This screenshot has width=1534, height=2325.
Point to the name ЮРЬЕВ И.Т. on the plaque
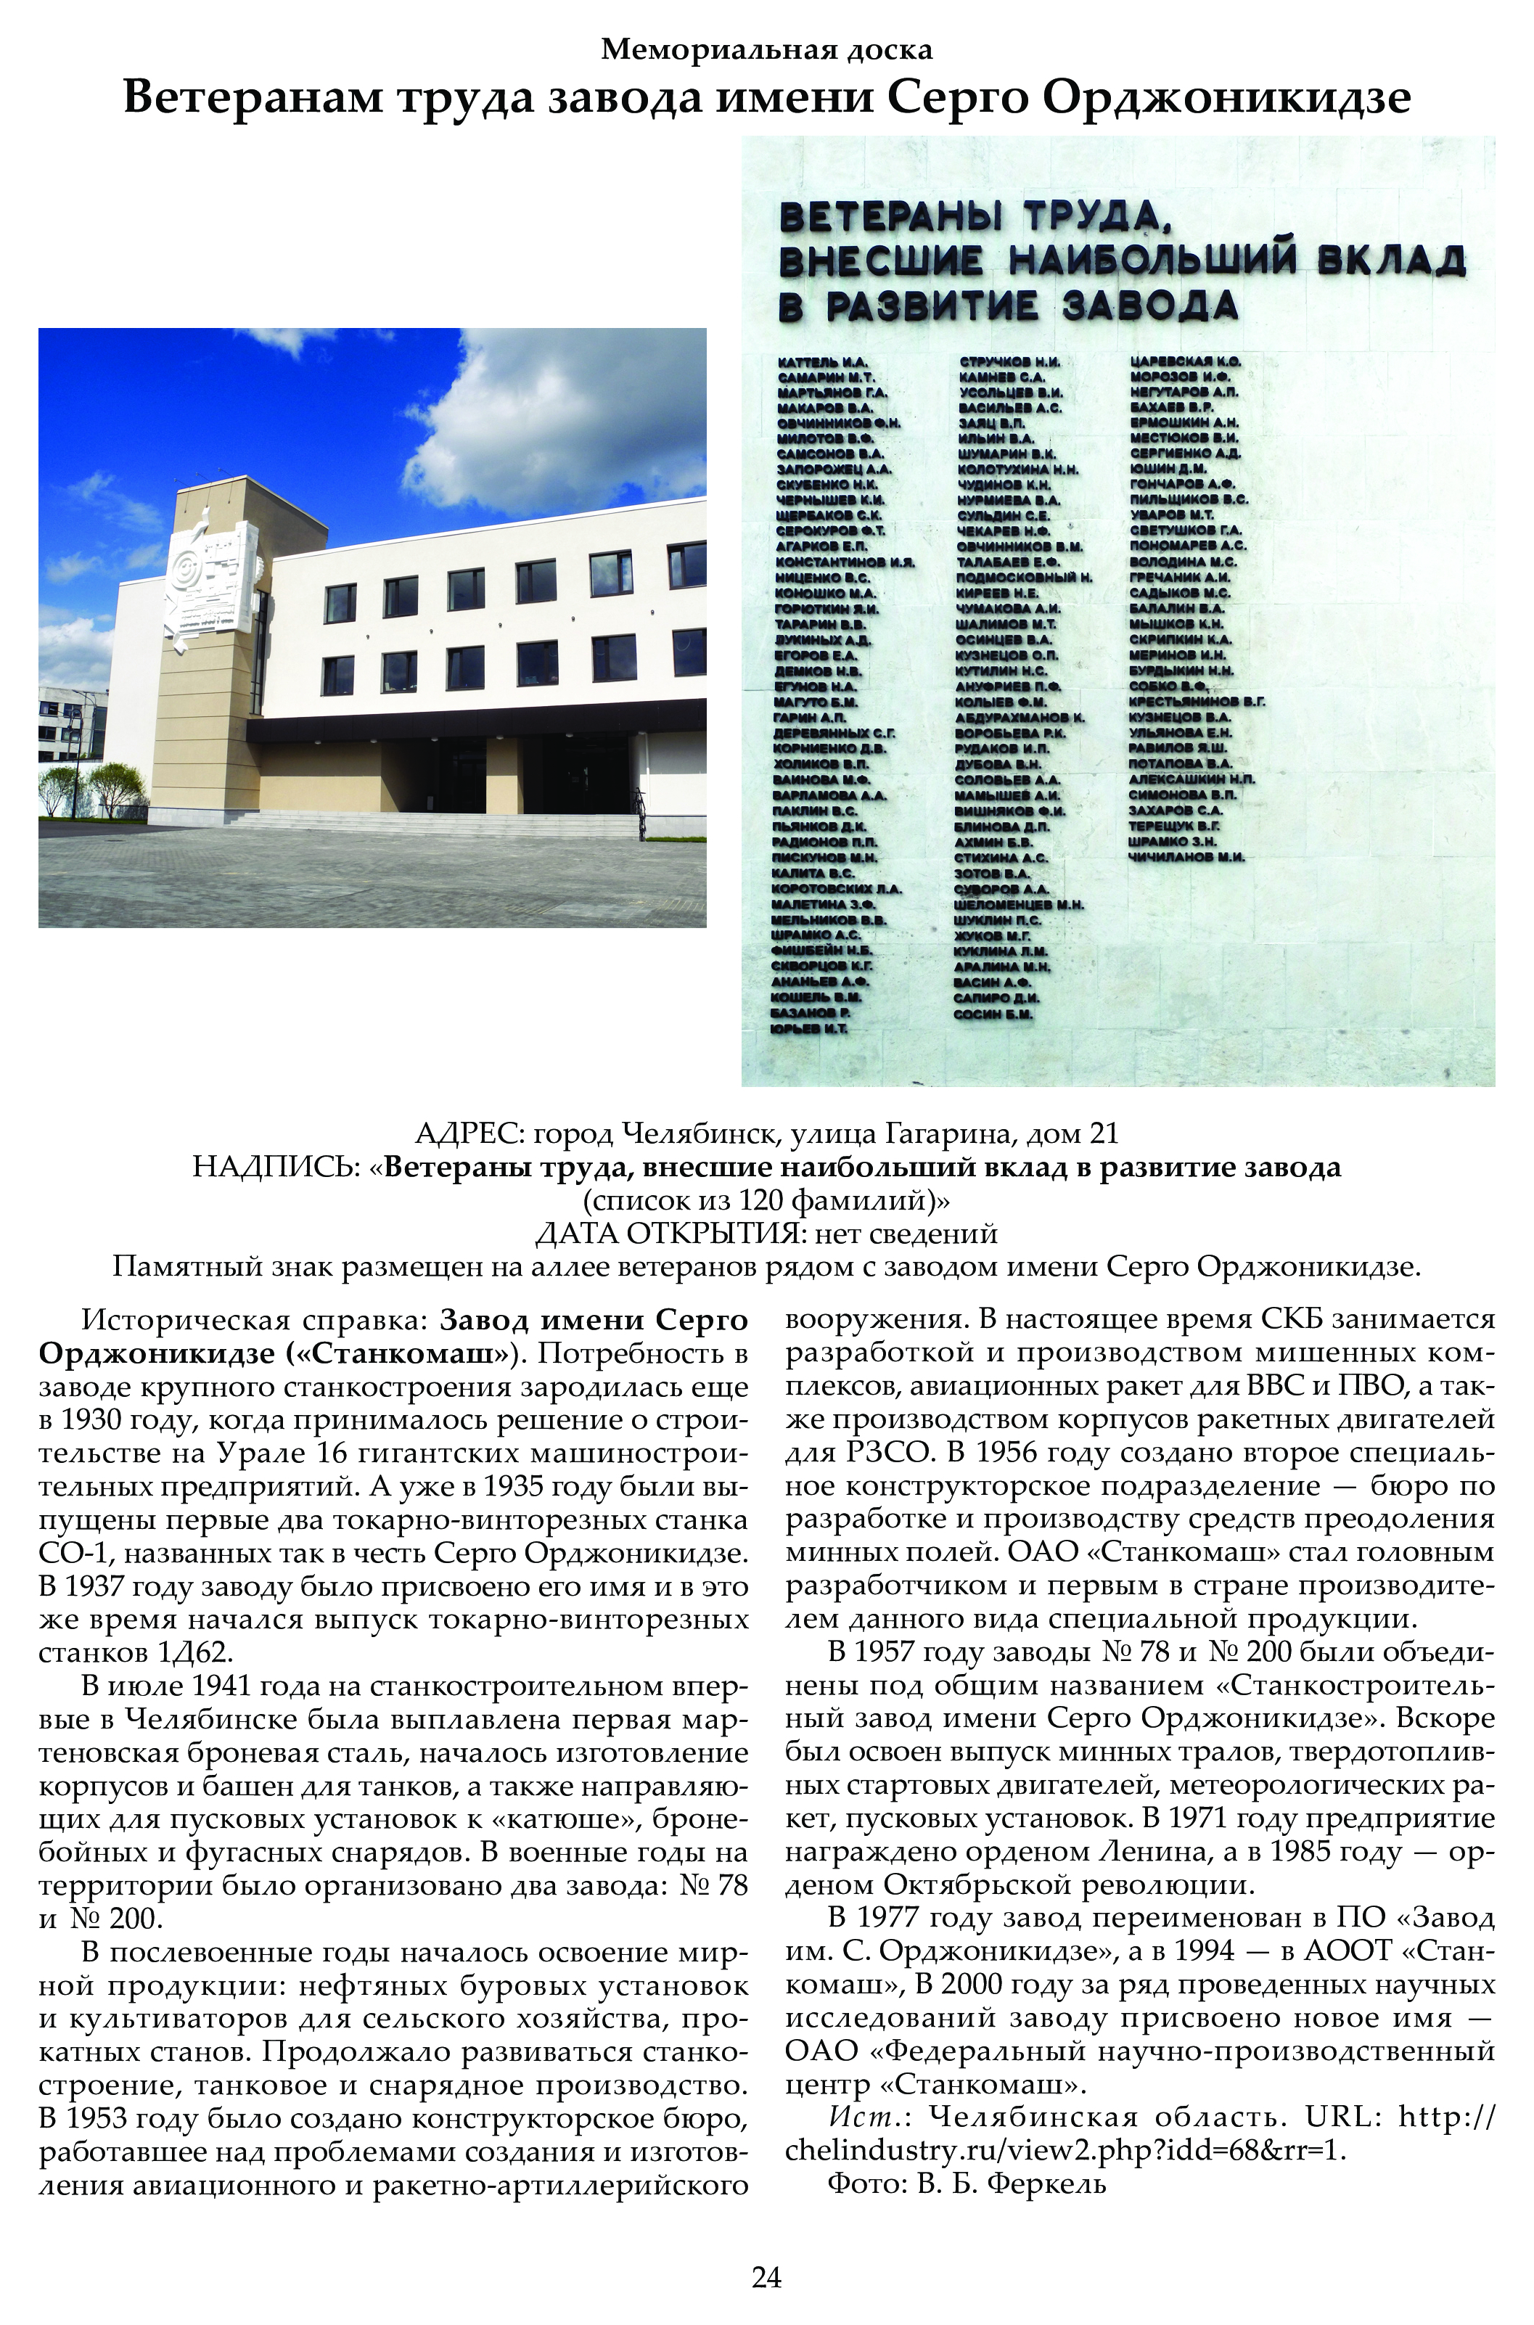click(809, 1029)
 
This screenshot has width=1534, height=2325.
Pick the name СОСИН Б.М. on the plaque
click(993, 1014)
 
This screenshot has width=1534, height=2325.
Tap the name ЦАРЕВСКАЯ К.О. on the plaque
click(1186, 362)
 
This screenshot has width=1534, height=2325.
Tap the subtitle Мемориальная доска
click(766, 48)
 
